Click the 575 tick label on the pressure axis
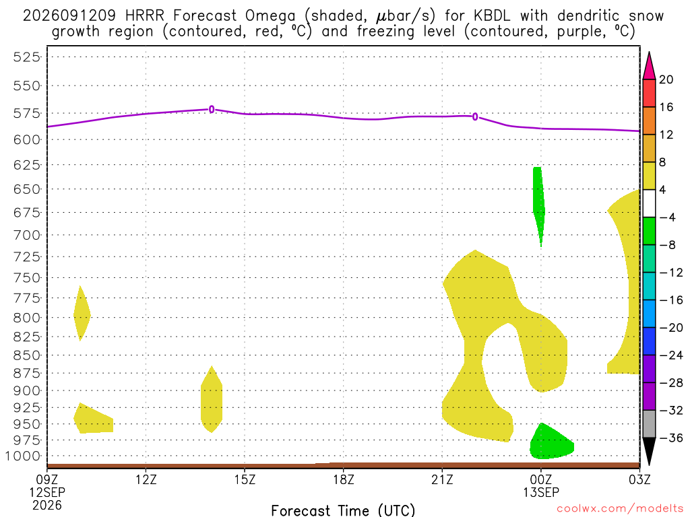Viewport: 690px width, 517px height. coord(27,113)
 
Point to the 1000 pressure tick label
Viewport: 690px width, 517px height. coord(23,456)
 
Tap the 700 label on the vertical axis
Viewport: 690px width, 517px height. coord(27,235)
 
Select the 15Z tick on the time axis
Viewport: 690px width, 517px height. coord(245,479)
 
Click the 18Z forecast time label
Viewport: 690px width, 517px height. coord(344,479)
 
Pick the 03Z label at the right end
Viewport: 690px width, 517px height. coord(639,479)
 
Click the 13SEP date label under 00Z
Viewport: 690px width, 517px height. coord(541,492)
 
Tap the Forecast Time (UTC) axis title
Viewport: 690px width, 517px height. coord(343,510)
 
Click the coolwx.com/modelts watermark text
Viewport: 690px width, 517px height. coord(620,509)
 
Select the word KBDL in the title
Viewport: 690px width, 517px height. coord(492,16)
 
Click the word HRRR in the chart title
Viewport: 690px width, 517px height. coord(144,16)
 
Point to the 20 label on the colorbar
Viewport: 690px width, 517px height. coord(666,79)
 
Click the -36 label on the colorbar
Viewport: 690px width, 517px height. coord(670,438)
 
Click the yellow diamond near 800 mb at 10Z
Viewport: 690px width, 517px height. coord(81,314)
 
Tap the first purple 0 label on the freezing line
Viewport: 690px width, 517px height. coord(212,109)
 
